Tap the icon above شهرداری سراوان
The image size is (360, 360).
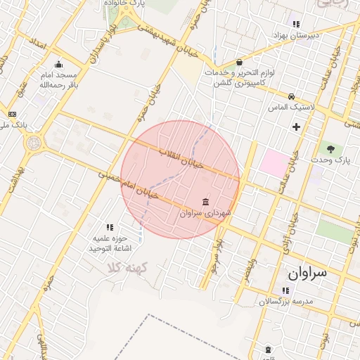pyautogui.click(x=205, y=202)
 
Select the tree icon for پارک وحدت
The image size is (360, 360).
pyautogui.click(x=329, y=148)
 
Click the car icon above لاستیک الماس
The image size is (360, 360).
pyautogui.click(x=291, y=96)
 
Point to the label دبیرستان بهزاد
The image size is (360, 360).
pyautogui.click(x=297, y=34)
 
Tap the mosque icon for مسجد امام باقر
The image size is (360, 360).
pyautogui.click(x=58, y=65)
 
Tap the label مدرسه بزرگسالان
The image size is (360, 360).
pyautogui.click(x=285, y=301)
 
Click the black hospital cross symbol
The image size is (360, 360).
pyautogui.click(x=296, y=127)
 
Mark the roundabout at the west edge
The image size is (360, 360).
pyautogui.click(x=33, y=143)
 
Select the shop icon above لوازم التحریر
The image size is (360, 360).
pyautogui.click(x=239, y=62)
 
